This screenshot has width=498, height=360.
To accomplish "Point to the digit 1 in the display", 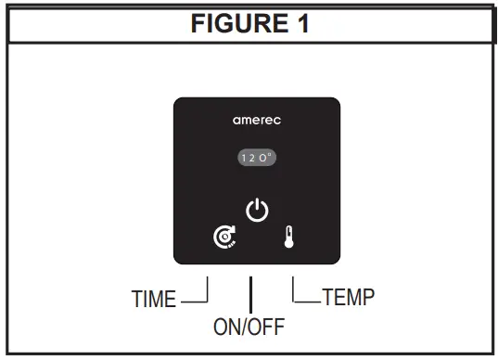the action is (244, 158).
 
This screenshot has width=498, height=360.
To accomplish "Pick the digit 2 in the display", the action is (252, 158).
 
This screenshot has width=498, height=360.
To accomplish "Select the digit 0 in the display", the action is (262, 158).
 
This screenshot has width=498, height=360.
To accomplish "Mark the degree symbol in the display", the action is (269, 155).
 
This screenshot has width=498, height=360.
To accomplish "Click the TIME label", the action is (154, 300).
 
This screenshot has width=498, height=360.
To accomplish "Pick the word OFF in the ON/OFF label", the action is (267, 327).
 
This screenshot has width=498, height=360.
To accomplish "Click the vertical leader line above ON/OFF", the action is (249, 294).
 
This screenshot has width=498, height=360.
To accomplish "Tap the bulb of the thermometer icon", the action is (288, 248).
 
